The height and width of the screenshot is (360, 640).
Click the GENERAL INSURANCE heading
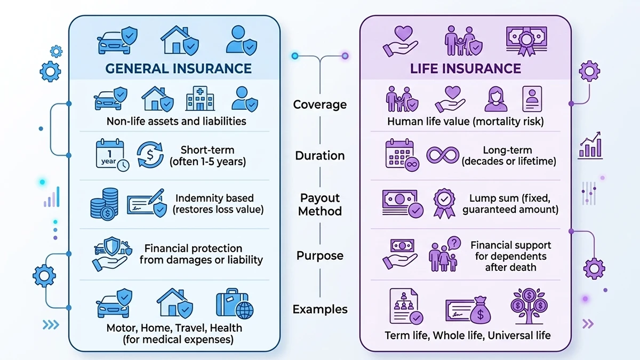tap(178, 68)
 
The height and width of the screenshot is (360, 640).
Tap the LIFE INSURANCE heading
tap(465, 68)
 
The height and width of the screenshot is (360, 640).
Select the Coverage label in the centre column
tap(320, 105)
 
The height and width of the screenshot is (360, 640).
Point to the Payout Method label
tap(320, 205)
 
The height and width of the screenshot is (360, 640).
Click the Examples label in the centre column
tap(320, 309)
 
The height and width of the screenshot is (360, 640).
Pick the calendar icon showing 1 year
tap(111, 155)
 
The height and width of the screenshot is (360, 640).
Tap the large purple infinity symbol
tap(443, 155)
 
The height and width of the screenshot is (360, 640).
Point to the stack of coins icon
tap(105, 204)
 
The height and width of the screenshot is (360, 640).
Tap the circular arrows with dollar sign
tap(150, 155)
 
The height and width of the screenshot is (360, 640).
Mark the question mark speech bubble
tap(454, 243)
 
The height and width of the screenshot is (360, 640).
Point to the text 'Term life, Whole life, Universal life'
tap(467, 335)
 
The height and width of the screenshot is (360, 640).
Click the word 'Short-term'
tap(207, 150)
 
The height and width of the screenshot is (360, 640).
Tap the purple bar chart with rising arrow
tap(590, 145)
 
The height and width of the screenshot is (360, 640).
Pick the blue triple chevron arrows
tap(51, 324)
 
